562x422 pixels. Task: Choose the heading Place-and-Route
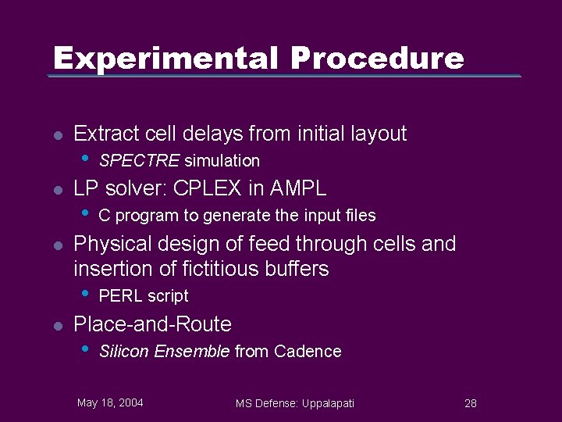tap(152, 324)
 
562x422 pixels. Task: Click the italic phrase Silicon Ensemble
tap(165, 352)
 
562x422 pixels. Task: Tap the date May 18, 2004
tap(110, 402)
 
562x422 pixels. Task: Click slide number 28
tap(470, 403)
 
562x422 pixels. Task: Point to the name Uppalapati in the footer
tap(324, 403)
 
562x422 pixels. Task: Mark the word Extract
tap(103, 134)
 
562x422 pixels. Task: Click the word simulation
tap(222, 161)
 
